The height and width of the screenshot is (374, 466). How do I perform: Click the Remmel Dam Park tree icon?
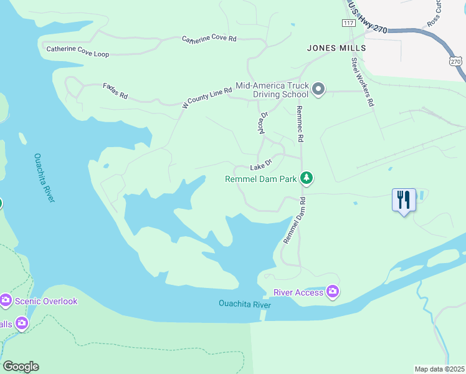coord(306,178)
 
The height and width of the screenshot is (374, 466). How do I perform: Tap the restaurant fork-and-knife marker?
coord(404,200)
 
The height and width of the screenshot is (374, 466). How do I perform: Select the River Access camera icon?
coord(333,292)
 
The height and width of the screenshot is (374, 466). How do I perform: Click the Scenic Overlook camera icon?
coord(6,301)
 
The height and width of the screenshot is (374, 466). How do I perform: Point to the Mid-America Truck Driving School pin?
coord(318,89)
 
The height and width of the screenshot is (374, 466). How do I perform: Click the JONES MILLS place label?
coord(336,47)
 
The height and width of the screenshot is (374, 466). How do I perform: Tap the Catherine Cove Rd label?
coord(209,39)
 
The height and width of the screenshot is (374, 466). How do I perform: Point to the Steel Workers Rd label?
coord(362,82)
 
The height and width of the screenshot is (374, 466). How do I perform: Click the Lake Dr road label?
coord(262,165)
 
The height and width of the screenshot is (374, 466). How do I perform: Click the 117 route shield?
coord(348,23)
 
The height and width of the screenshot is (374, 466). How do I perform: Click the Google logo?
coord(21,367)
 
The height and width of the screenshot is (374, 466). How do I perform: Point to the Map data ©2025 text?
coord(439,369)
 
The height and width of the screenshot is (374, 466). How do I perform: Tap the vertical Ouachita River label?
coord(44,177)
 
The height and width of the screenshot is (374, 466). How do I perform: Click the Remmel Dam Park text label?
coord(260,179)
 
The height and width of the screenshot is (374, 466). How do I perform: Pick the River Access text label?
coord(299,292)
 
